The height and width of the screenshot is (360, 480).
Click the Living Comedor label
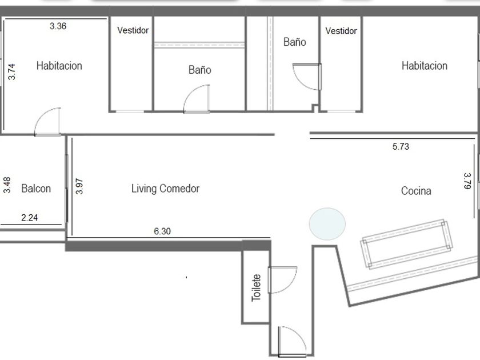point(165,189)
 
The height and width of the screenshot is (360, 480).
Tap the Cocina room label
point(416,191)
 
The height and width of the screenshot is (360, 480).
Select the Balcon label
point(36,189)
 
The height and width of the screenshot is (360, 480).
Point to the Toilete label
point(256,288)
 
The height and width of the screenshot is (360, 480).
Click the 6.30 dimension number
point(162,231)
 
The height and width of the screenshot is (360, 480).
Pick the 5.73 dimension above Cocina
point(401,147)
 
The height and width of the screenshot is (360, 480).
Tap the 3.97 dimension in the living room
point(79,186)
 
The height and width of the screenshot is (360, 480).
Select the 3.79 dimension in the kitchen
point(467,181)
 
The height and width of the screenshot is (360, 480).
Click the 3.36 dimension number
point(58,26)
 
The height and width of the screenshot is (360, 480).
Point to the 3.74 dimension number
point(11,71)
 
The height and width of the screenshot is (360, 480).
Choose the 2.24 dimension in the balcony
point(29,218)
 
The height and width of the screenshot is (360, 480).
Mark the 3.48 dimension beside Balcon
point(7,185)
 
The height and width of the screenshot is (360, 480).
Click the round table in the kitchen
point(327,224)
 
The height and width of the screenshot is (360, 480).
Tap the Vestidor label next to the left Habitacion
point(133,30)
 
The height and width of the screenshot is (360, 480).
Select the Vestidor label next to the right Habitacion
point(341,31)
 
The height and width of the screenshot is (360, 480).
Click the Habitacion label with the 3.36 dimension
point(59,66)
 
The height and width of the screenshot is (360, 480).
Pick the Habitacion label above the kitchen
point(425,66)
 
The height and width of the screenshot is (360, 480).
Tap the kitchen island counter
point(407,244)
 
